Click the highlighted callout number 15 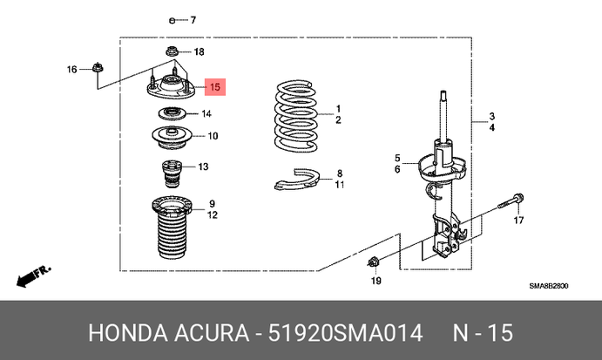pos(215,87)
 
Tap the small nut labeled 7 pos(172,20)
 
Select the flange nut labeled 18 pos(172,51)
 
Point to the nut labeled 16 pos(98,68)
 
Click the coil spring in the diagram pos(296,115)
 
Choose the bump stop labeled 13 pos(172,173)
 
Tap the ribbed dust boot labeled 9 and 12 pos(172,227)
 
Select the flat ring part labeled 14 pos(172,113)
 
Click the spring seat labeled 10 pos(172,138)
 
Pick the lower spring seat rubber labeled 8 pos(297,180)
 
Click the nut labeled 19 pos(372,262)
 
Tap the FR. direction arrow pos(33,276)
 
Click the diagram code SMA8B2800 pos(549,286)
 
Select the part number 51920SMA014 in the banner pos(345,333)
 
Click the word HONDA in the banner pos(128,333)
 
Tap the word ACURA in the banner pos(212,333)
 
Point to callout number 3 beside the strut pos(492,116)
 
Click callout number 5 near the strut pos(397,158)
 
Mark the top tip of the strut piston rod pos(443,91)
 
